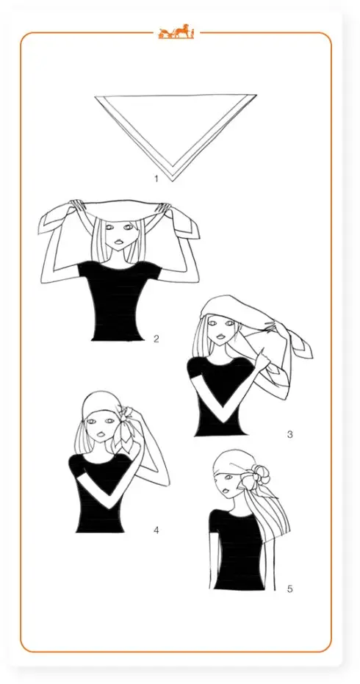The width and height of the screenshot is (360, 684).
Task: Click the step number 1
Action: [x=156, y=179]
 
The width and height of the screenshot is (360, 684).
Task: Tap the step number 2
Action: [x=156, y=338]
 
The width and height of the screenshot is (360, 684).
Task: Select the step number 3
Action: [x=289, y=434]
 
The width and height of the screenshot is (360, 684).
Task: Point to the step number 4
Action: [x=156, y=530]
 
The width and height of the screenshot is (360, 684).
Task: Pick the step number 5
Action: [x=289, y=589]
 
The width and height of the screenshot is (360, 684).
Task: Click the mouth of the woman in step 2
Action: [x=118, y=242]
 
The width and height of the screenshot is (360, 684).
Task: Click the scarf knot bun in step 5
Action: [x=259, y=476]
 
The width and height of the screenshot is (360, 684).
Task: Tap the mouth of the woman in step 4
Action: [x=100, y=434]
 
